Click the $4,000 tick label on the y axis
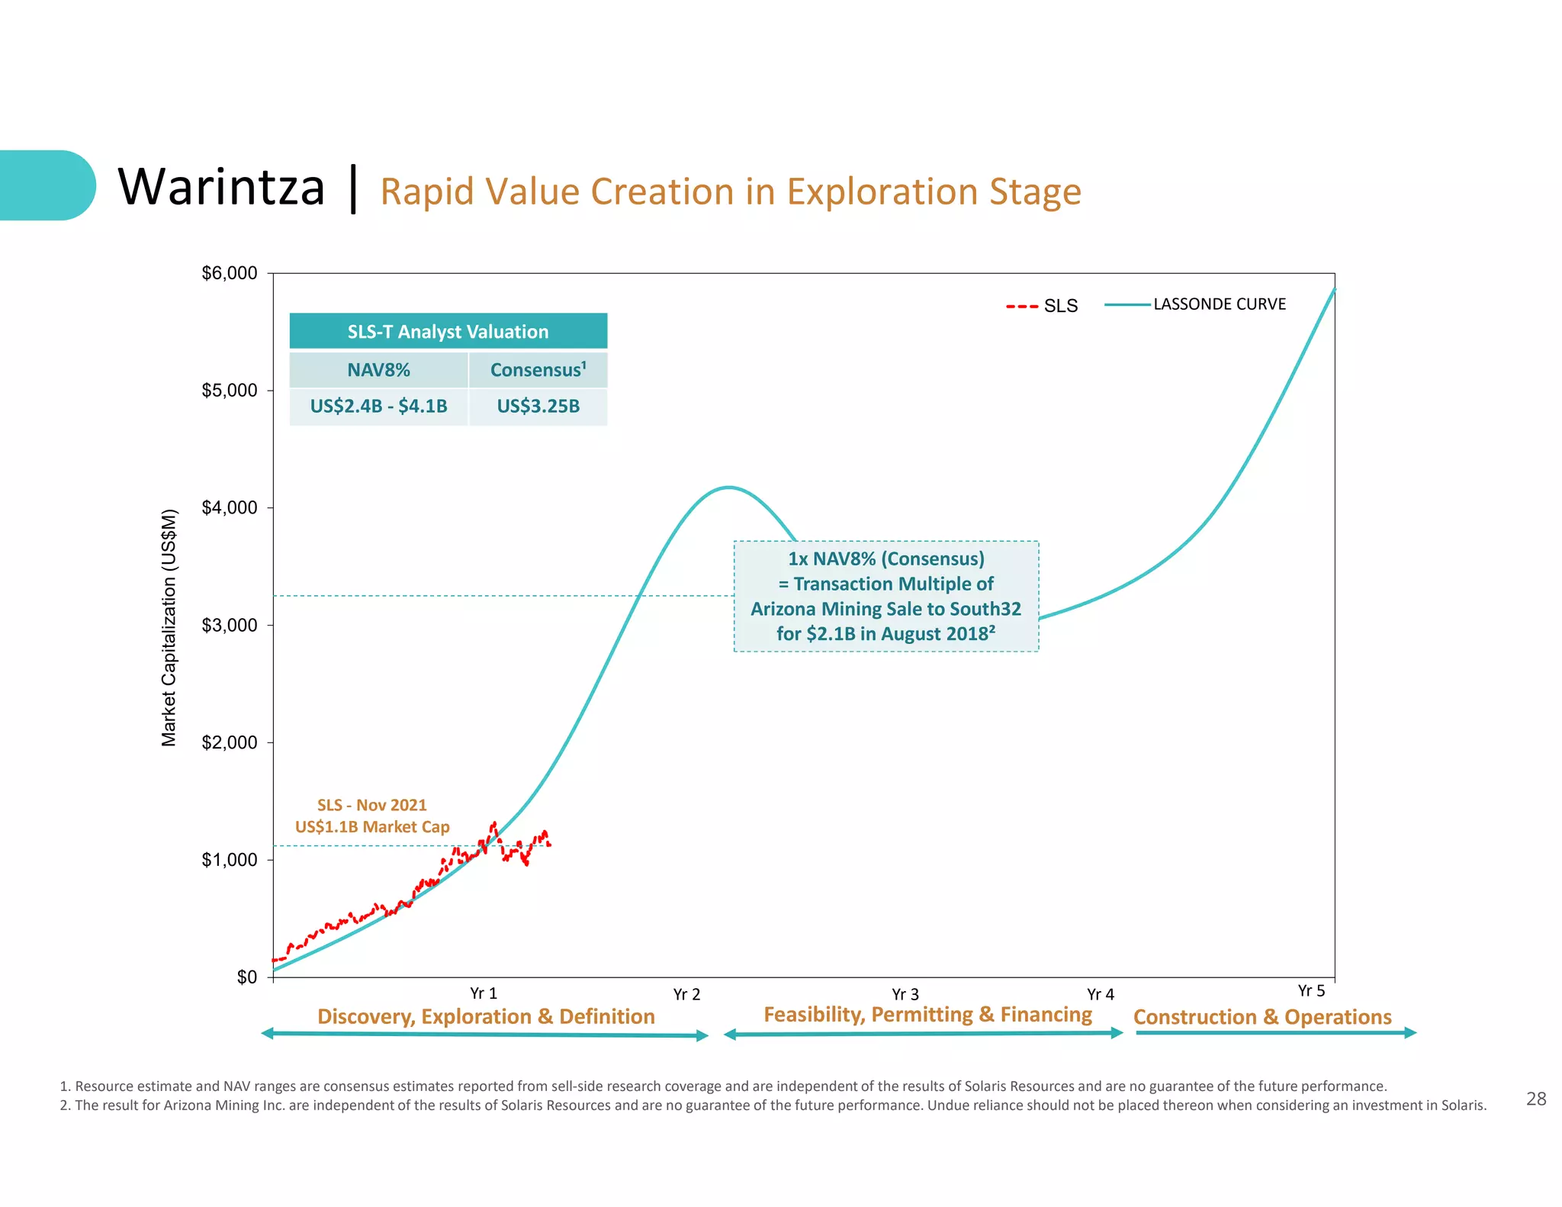coord(229,507)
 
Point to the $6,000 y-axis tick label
coord(229,273)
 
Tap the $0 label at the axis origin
coord(246,977)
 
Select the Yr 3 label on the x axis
coord(905,994)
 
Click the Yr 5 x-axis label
coord(1311,990)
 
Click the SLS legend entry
coord(1043,306)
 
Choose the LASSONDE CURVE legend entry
coord(1218,304)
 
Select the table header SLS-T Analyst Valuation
coord(448,332)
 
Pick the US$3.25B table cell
coord(538,406)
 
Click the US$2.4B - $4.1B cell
coord(378,406)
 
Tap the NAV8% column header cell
coord(378,370)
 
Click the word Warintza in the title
coord(221,187)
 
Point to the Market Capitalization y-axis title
coord(169,627)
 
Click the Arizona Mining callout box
coord(885,596)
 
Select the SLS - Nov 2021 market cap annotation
coord(371,816)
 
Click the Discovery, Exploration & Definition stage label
coord(486,1016)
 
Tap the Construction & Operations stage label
coord(1262,1017)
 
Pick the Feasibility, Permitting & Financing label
coord(927,1014)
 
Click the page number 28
coord(1535,1099)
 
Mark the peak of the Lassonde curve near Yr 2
coord(729,487)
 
